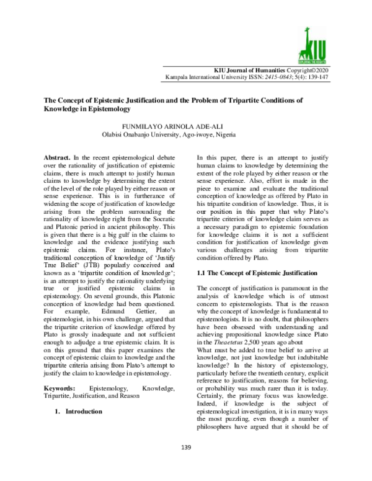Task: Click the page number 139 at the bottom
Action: (185, 464)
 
